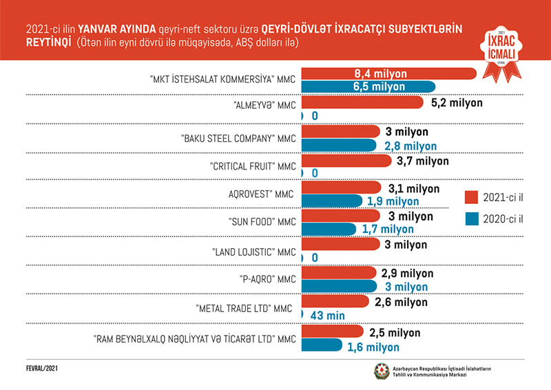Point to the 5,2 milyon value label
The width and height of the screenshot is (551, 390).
tap(457, 103)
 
